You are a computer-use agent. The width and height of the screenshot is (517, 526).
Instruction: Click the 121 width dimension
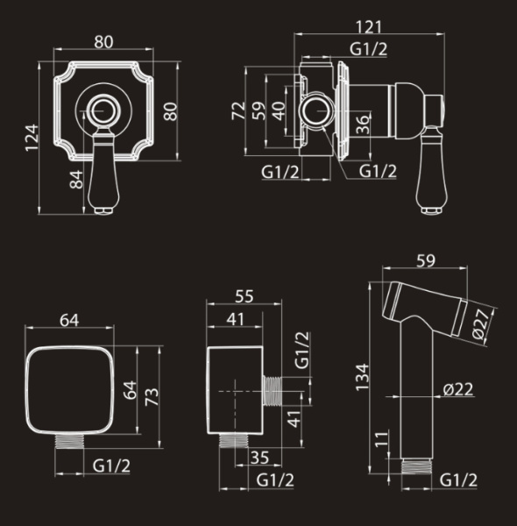pyautogui.click(x=368, y=27)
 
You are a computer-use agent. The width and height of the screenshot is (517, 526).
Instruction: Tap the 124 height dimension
pyautogui.click(x=32, y=138)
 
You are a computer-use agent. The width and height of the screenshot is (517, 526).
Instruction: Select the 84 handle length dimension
pyautogui.click(x=76, y=180)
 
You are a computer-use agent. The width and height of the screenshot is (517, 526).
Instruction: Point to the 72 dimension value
pyautogui.click(x=238, y=110)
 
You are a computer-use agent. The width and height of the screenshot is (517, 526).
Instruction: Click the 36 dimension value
pyautogui.click(x=363, y=124)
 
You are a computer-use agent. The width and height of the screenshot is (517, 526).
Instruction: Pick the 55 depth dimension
pyautogui.click(x=244, y=296)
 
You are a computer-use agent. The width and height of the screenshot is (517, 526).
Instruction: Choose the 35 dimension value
pyautogui.click(x=259, y=458)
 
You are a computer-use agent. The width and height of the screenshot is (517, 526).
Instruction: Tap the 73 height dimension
pyautogui.click(x=152, y=396)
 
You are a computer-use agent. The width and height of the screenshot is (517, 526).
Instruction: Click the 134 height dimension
pyautogui.click(x=362, y=377)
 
